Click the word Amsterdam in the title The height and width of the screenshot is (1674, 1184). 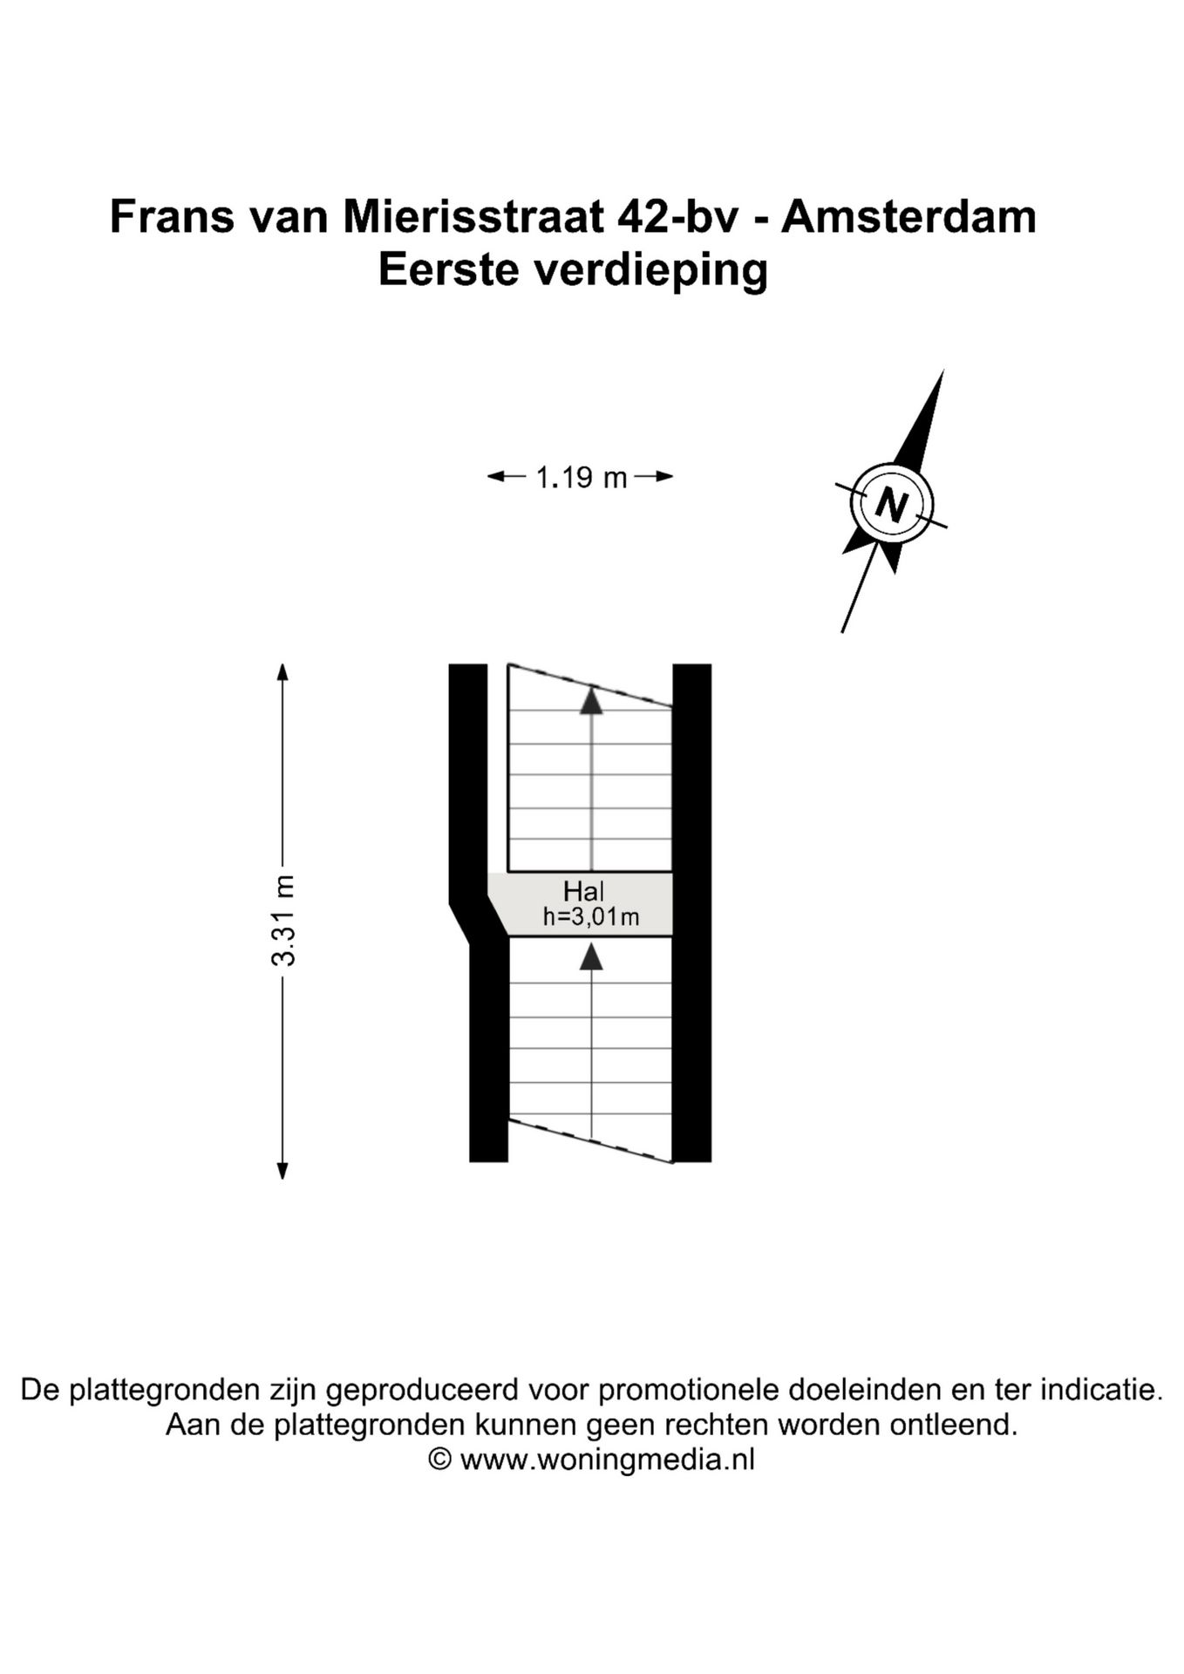point(908,217)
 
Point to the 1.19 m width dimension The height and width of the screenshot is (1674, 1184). point(581,478)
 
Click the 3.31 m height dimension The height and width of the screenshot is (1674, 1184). point(283,921)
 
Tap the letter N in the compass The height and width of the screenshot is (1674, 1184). point(891,504)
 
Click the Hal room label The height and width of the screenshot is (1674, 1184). point(583,891)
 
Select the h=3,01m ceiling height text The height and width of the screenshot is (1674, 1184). point(591,917)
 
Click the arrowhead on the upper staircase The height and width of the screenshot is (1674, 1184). point(592,702)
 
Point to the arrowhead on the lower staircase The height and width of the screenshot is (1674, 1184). point(592,956)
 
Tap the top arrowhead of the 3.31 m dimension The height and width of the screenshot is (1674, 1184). point(282,672)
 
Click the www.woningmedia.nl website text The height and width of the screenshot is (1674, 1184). point(607,1460)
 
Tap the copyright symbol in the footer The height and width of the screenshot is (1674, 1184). point(440,1460)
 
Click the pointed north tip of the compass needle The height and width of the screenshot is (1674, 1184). point(942,373)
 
